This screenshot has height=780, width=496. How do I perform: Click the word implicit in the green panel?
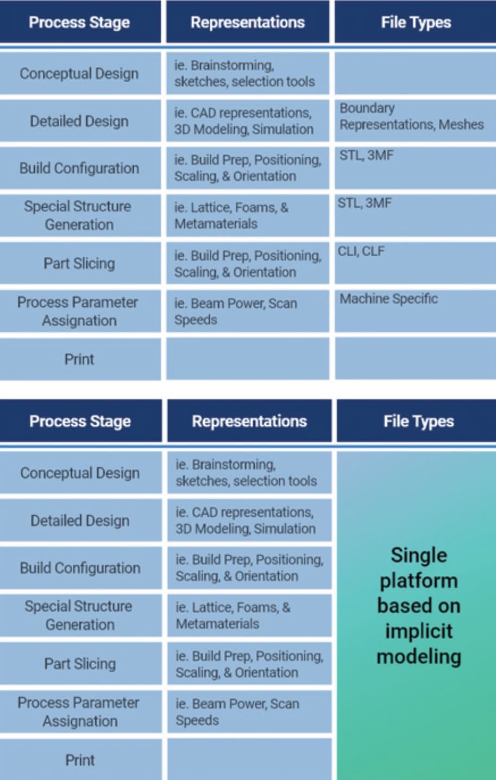418,631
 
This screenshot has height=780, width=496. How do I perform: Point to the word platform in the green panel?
418,580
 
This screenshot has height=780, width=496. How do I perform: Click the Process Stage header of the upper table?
79,22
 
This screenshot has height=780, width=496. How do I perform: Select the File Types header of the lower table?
418,422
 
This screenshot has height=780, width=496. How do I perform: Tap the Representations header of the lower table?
249,422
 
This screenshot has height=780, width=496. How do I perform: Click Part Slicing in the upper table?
79,263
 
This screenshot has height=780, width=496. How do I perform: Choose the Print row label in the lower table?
80,760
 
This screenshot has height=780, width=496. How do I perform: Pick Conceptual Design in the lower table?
80,473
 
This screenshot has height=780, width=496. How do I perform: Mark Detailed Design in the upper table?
79,121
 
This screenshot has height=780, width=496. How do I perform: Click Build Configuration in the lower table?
80,568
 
